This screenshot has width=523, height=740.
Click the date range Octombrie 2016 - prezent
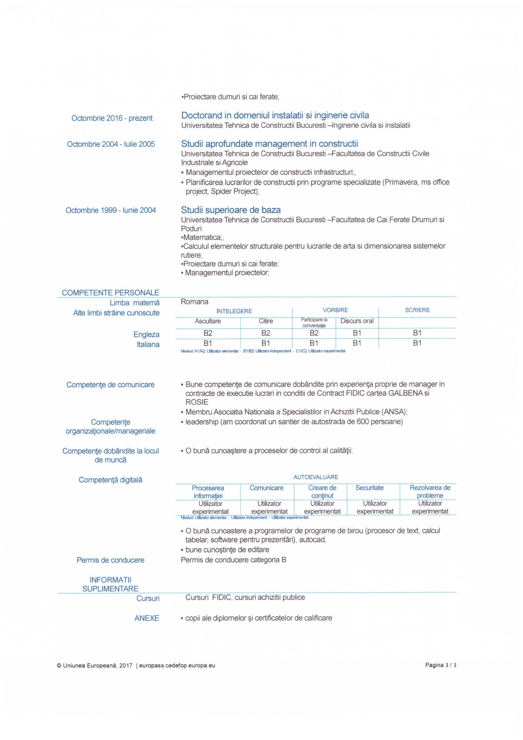pyautogui.click(x=112, y=118)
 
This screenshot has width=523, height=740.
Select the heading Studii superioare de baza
pyautogui.click(x=231, y=210)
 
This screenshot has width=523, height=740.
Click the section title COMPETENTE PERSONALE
pyautogui.click(x=111, y=293)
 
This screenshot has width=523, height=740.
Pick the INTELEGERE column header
pyautogui.click(x=234, y=311)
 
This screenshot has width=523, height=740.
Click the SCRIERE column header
pyautogui.click(x=417, y=310)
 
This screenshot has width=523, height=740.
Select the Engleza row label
pyautogui.click(x=146, y=334)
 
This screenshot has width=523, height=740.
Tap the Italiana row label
pyautogui.click(x=148, y=345)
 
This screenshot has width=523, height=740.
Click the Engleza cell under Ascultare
pyautogui.click(x=208, y=333)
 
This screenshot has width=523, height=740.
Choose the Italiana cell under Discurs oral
pyautogui.click(x=357, y=343)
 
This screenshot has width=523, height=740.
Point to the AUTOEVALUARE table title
pyautogui.click(x=315, y=477)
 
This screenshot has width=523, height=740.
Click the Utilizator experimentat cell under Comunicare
pyautogui.click(x=269, y=507)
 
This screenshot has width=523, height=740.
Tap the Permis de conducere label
pyautogui.click(x=111, y=560)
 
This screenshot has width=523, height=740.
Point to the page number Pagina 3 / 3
pyautogui.click(x=441, y=665)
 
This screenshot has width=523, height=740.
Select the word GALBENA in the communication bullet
pyautogui.click(x=406, y=393)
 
